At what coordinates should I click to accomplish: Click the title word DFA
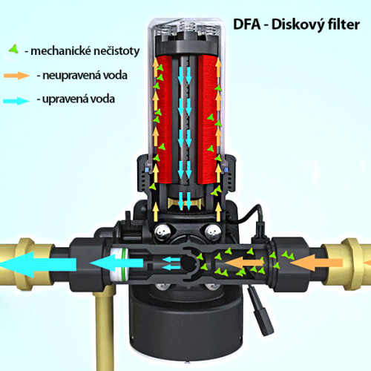(x=247, y=24)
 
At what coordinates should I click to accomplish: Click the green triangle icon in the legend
(x=14, y=49)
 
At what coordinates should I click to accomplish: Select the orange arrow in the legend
(x=17, y=75)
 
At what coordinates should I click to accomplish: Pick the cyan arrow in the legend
(x=16, y=101)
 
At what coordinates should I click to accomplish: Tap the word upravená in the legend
(x=65, y=99)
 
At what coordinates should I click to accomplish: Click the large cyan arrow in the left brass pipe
(x=39, y=264)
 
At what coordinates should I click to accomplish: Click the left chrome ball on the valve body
(x=162, y=232)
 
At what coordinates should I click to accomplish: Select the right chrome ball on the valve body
(x=213, y=232)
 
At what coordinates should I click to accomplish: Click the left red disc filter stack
(x=164, y=119)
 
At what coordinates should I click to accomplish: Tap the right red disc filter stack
(x=207, y=119)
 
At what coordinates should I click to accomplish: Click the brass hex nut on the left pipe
(x=24, y=263)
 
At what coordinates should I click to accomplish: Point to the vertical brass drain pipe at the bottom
(x=104, y=329)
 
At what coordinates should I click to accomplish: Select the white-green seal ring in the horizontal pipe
(x=119, y=265)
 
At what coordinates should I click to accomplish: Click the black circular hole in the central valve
(x=188, y=263)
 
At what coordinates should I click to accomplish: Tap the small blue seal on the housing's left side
(x=147, y=170)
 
